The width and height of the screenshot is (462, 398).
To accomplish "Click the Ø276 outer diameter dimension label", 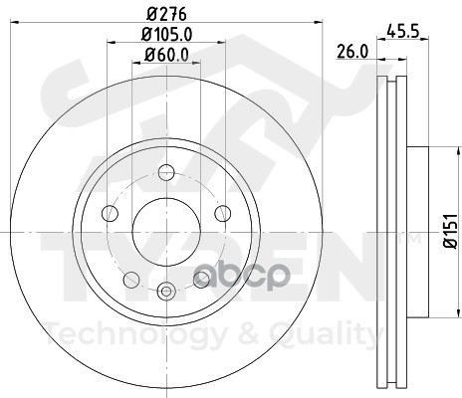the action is (166, 14).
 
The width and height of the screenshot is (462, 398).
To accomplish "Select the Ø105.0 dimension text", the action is (166, 34).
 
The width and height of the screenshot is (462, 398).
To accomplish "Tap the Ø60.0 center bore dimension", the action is (166, 55).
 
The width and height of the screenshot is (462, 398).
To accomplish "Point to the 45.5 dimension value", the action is (403, 32).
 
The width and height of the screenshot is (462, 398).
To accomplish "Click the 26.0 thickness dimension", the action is (352, 52).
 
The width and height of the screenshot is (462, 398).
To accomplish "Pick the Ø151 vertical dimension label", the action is (451, 231).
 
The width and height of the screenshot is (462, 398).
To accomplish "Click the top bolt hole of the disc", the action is (166, 172).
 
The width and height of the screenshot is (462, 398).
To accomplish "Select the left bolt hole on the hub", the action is (110, 213).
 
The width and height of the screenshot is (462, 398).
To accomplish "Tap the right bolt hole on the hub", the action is (223, 213).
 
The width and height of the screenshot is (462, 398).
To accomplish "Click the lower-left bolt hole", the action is (131, 280).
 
